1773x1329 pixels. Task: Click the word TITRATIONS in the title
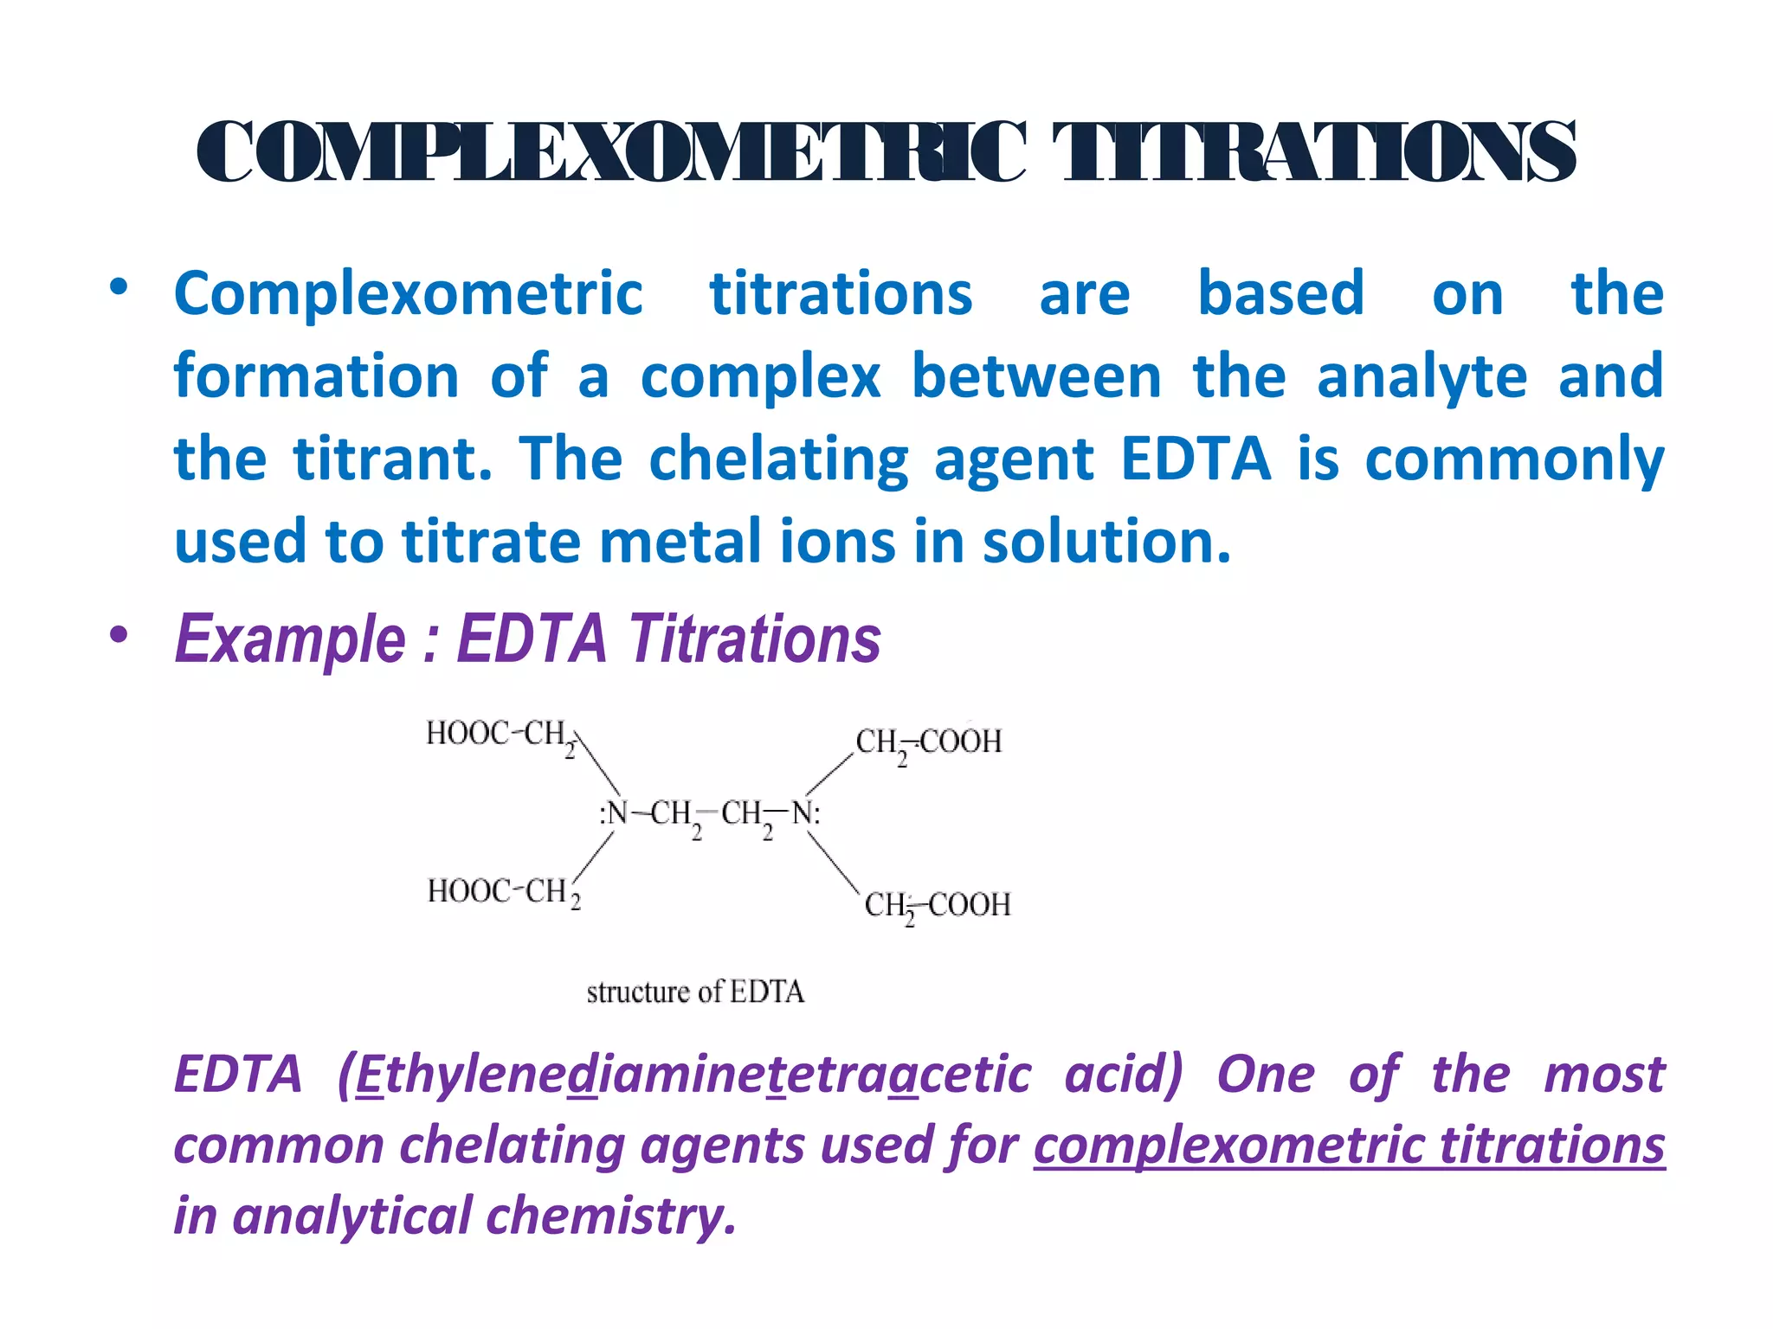click(x=1313, y=152)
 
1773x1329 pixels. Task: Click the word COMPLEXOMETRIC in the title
click(x=611, y=152)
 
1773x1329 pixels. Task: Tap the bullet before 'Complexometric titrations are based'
click(x=119, y=287)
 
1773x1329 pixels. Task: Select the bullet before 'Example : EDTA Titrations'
click(x=119, y=635)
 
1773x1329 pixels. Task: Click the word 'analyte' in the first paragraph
click(x=1422, y=376)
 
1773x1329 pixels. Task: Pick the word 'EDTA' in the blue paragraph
click(x=1196, y=459)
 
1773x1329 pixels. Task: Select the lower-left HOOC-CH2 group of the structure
click(x=503, y=892)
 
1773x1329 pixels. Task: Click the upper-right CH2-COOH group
click(x=928, y=742)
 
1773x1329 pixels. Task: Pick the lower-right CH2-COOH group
click(x=937, y=906)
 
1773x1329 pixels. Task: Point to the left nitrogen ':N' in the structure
click(x=614, y=813)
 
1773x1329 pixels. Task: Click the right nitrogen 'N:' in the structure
click(x=806, y=813)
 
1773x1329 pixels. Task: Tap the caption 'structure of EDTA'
click(x=695, y=992)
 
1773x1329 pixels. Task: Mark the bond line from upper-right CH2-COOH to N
click(x=829, y=774)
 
